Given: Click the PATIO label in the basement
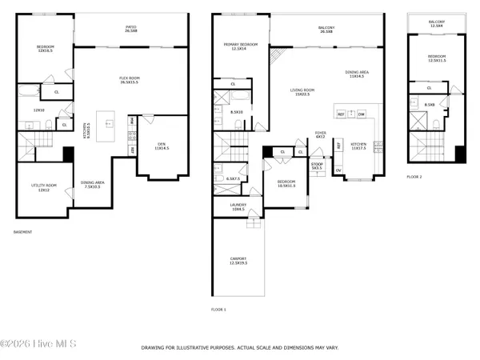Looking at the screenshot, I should pyautogui.click(x=130, y=29).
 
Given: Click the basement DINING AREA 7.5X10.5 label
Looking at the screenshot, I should pyautogui.click(x=93, y=184).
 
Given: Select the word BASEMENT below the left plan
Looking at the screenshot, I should pyautogui.click(x=23, y=232).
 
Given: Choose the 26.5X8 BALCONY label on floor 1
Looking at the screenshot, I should pyautogui.click(x=326, y=30).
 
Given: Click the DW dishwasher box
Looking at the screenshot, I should pyautogui.click(x=362, y=114).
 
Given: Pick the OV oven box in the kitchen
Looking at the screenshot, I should pyautogui.click(x=338, y=170).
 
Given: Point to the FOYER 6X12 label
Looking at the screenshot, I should pyautogui.click(x=320, y=134).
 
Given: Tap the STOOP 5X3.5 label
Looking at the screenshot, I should pyautogui.click(x=317, y=166).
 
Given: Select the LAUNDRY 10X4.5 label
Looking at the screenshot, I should pyautogui.click(x=238, y=206).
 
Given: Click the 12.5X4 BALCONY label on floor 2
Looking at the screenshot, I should pyautogui.click(x=437, y=24).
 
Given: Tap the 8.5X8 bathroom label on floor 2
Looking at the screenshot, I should pyautogui.click(x=430, y=105).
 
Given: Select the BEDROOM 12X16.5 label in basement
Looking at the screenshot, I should pyautogui.click(x=45, y=49).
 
